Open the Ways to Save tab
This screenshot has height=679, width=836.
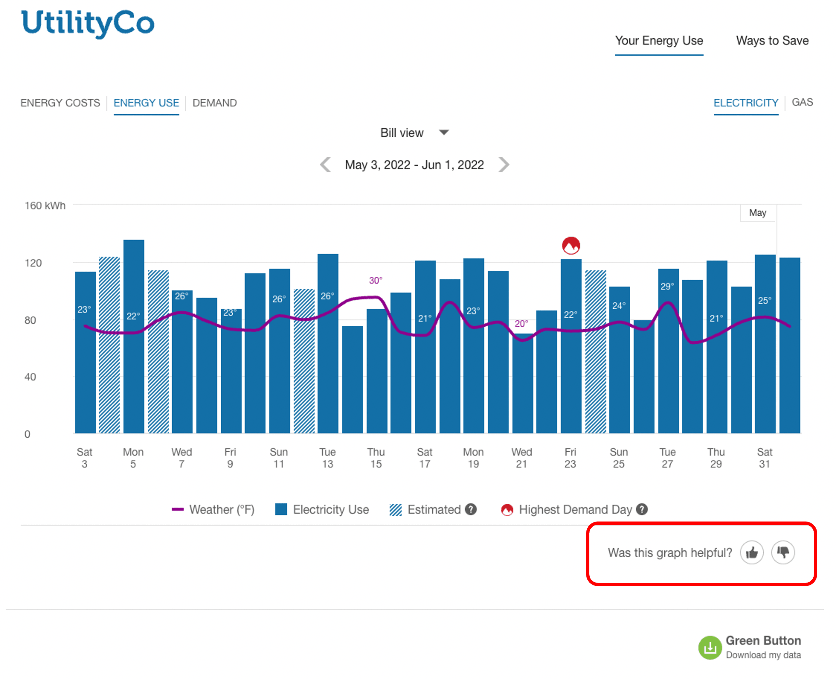point(772,41)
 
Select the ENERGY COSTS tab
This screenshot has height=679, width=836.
point(60,103)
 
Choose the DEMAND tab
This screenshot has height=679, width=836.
point(215,103)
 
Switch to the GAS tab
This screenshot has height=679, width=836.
point(802,103)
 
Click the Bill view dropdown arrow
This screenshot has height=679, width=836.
point(444,132)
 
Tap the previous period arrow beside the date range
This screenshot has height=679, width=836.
point(326,165)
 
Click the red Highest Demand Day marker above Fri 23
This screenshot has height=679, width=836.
point(571,245)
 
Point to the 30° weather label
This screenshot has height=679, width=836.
point(375,281)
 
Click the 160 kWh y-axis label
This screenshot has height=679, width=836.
point(45,206)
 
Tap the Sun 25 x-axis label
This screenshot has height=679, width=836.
point(619,458)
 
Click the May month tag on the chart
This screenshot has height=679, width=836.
point(757,213)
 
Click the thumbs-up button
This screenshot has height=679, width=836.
point(752,553)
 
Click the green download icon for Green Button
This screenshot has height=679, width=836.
point(710,648)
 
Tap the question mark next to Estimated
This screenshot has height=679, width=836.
point(471,509)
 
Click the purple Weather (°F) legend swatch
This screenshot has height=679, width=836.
point(178,509)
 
